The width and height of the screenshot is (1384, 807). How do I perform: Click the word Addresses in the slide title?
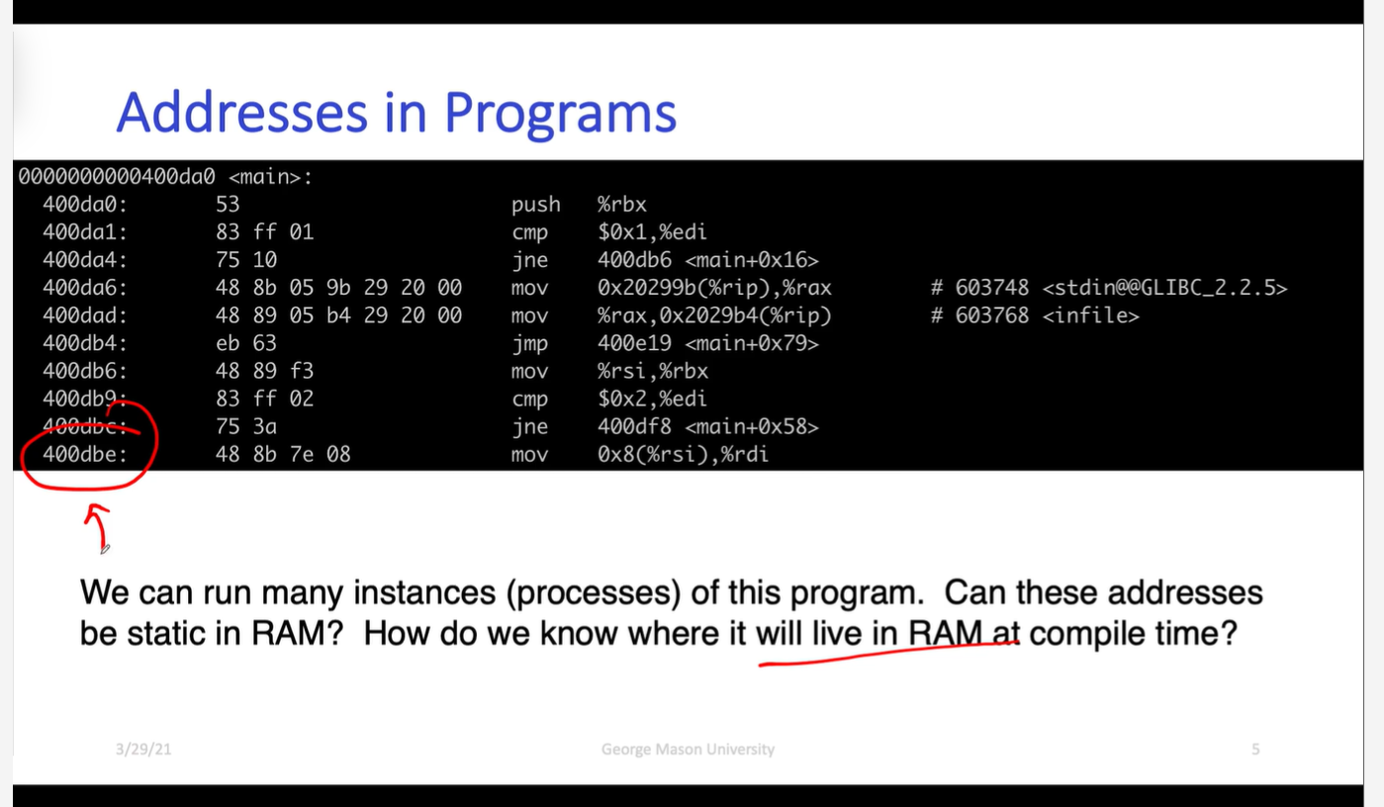point(242,113)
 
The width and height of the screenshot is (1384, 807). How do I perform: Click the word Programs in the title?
point(560,116)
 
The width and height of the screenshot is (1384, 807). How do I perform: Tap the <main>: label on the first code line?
point(271,177)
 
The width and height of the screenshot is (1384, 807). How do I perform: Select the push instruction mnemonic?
point(535,205)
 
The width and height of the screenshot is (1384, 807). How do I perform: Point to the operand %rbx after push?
point(621,205)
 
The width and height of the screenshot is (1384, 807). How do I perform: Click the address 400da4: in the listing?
point(85,260)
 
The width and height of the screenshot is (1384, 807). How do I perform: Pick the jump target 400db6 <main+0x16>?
point(708,260)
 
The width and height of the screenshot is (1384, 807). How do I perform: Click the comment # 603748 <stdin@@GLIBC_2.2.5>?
point(1109,288)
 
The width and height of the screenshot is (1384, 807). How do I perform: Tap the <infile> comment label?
point(1090,315)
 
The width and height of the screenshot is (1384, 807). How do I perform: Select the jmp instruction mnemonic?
point(529,344)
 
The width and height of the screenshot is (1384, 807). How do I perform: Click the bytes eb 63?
point(246,343)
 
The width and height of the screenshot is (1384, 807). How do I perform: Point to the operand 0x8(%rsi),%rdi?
point(683,455)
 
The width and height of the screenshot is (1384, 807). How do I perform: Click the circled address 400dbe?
point(85,455)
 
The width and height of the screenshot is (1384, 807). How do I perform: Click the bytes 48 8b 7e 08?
point(283,455)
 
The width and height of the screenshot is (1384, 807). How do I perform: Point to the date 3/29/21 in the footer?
point(143,749)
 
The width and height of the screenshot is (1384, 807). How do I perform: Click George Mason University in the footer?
point(688,750)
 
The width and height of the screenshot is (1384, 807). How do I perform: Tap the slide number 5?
point(1255,749)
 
